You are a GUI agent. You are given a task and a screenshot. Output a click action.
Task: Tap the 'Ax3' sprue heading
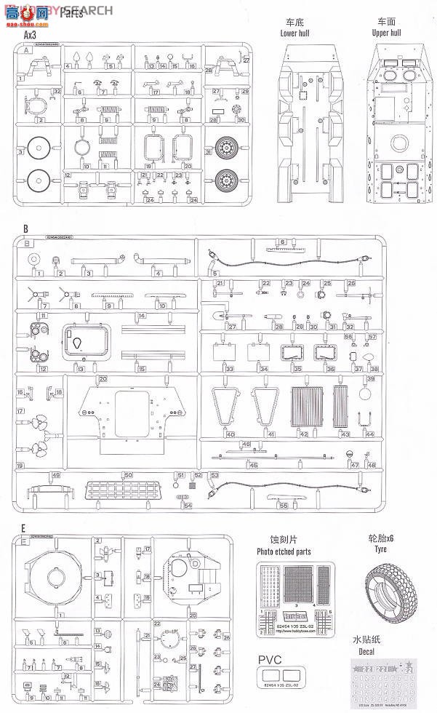click(31, 34)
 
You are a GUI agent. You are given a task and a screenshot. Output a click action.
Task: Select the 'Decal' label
click(366, 653)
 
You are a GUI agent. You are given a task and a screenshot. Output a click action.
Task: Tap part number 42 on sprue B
click(304, 434)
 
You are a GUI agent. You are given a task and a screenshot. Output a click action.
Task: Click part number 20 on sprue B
click(103, 379)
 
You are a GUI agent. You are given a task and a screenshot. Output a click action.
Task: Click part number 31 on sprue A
click(208, 153)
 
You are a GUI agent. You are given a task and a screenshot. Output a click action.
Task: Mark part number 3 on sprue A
click(21, 151)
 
